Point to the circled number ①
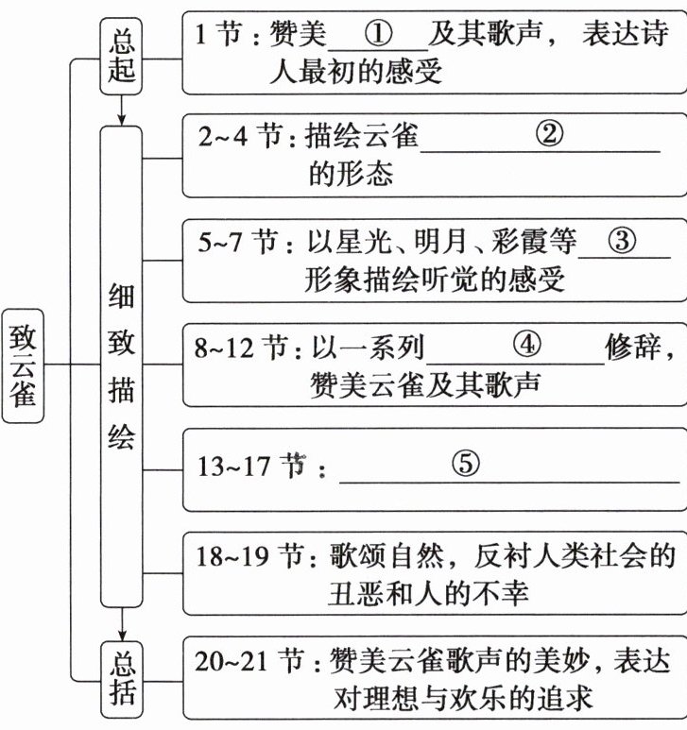pos(377,35)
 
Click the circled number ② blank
pos(548,135)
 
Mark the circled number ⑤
pos(465,464)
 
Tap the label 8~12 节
pos(241,348)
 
